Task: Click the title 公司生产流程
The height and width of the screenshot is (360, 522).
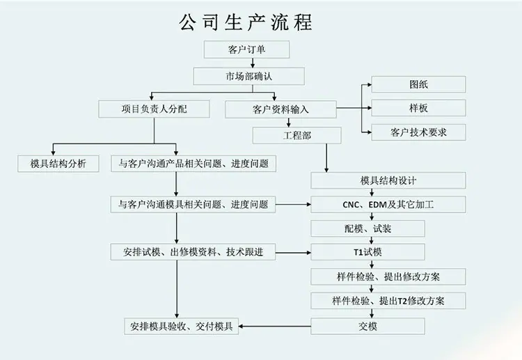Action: point(246,22)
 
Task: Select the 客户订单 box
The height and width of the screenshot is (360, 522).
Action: point(246,49)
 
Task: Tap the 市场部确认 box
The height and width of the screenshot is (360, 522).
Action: point(248,77)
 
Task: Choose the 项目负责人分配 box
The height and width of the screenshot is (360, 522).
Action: point(154,109)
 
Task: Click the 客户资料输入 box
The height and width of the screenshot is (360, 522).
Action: point(280,109)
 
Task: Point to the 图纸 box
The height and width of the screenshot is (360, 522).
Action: point(418,84)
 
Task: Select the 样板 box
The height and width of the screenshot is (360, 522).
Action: point(418,108)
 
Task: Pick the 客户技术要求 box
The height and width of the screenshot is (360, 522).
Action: point(418,132)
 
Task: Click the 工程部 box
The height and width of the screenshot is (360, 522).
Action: point(297,136)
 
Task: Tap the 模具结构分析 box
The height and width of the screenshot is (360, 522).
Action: point(58,164)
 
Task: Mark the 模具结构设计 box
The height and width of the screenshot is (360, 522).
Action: point(388,180)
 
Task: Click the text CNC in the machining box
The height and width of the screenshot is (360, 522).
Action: point(351,205)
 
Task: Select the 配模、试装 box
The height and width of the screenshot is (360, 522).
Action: point(367,228)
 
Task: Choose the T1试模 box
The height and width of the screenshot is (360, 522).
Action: point(367,252)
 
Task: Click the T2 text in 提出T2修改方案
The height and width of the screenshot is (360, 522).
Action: point(402,301)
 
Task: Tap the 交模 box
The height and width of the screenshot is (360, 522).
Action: point(367,326)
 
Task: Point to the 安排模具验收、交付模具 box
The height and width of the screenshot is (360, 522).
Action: point(182,327)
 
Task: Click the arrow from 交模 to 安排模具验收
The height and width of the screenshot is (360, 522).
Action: point(275,327)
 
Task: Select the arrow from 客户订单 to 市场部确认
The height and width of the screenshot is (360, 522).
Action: point(253,63)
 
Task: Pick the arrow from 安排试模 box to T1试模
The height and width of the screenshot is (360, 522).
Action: point(293,253)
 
